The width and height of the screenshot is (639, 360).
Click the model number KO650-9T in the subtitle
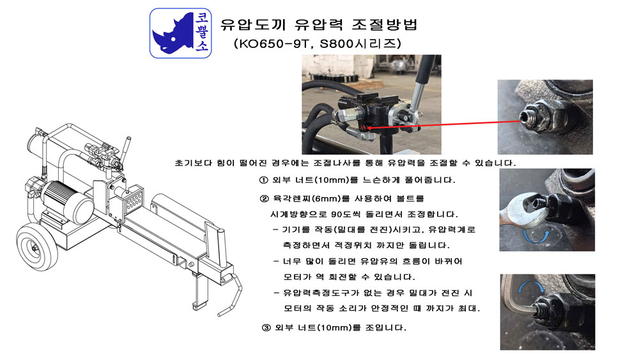coord(273,43)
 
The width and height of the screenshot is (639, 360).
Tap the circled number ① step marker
coord(264,180)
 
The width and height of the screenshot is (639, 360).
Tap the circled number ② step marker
coord(265,199)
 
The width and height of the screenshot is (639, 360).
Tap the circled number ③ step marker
coord(266,327)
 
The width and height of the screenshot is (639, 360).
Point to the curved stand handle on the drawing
coord(230,294)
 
